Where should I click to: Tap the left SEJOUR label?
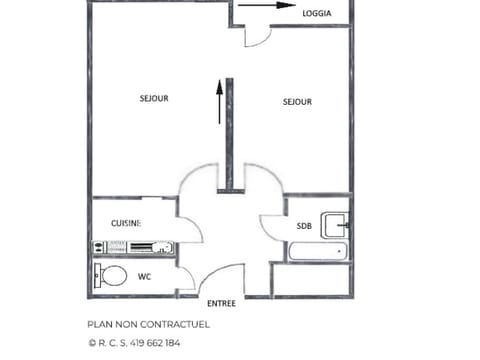tap(153, 98)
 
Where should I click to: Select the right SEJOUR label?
tap(297, 101)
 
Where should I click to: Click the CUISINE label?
tap(125, 222)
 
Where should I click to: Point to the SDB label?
tap(304, 226)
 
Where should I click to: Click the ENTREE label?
tap(221, 302)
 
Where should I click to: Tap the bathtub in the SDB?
tap(316, 250)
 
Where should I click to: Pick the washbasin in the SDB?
tap(334, 222)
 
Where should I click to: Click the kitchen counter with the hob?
tap(134, 247)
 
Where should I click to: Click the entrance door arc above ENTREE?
tap(222, 277)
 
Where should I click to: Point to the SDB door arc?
tap(272, 228)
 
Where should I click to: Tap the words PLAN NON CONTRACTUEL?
tap(149, 324)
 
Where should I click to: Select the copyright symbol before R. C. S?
tap(92, 342)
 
